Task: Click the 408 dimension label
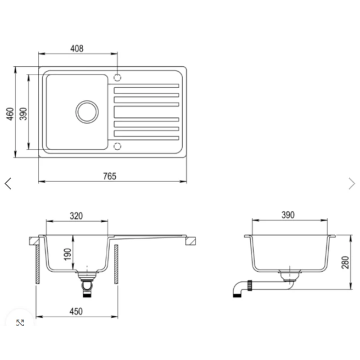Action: [x=76, y=49]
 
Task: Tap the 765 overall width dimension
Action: [x=110, y=176]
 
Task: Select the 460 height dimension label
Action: [x=10, y=114]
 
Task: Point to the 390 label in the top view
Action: [x=23, y=114]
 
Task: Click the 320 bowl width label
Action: [x=76, y=216]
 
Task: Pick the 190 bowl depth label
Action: [x=68, y=254]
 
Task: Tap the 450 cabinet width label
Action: [x=76, y=311]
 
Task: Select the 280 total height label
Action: [x=345, y=262]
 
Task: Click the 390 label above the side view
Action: [x=288, y=215]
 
